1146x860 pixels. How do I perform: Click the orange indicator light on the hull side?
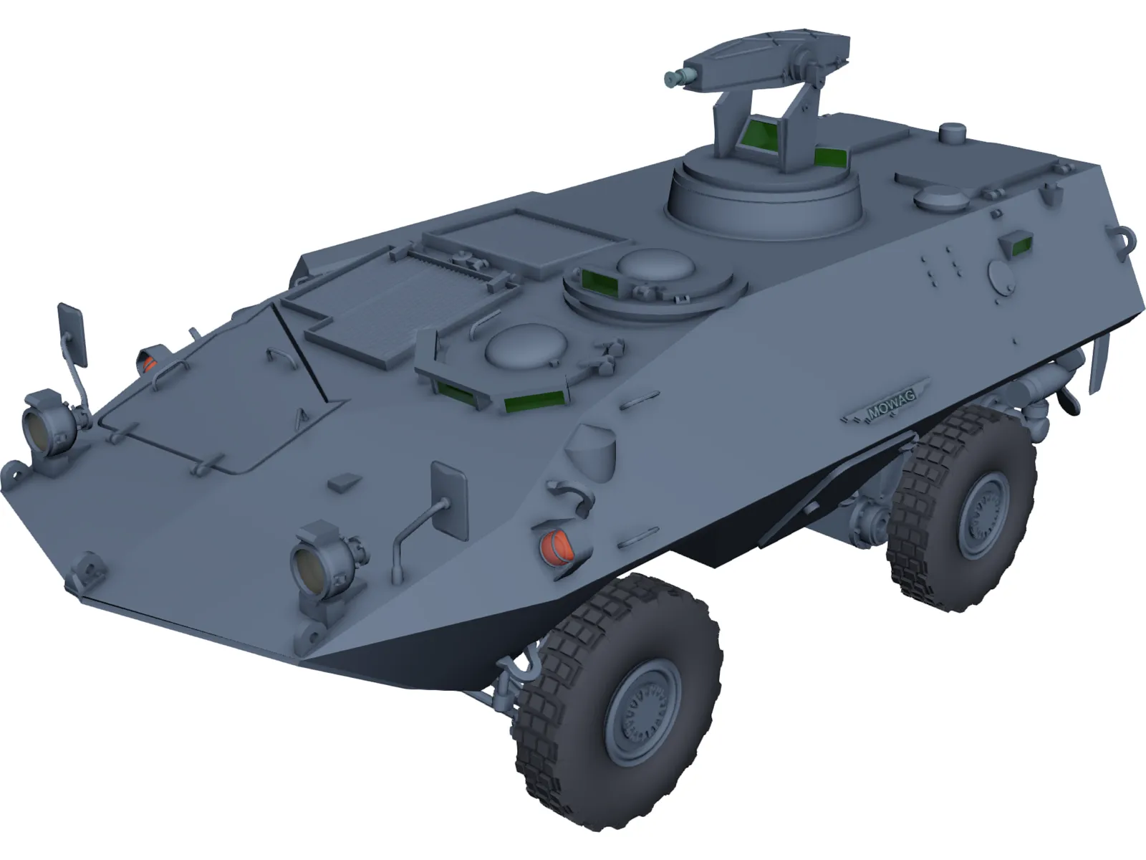click(x=560, y=546)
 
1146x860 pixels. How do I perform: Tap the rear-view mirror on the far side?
click(x=72, y=334)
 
